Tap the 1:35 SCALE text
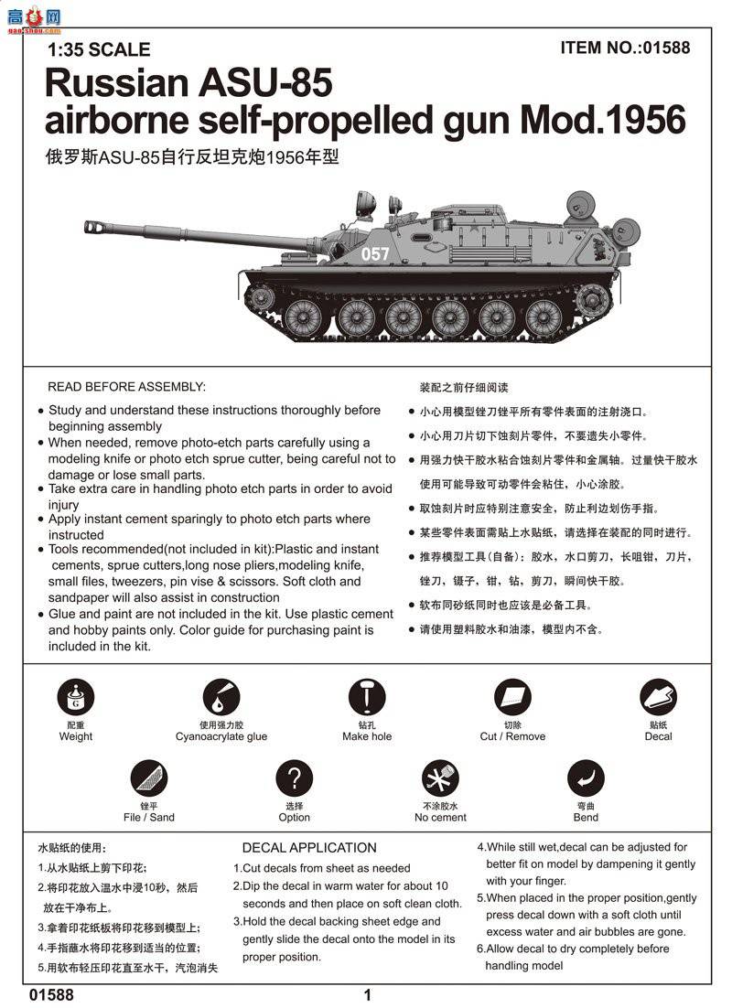coord(98,50)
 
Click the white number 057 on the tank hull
coord(375,254)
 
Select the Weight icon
coord(75,699)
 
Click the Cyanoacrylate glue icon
coord(221,699)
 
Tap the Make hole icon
coord(367,699)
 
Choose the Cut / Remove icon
coord(512,699)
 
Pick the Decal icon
coord(658,699)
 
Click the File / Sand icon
coord(148,779)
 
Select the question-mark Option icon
coord(294,779)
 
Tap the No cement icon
coord(440,779)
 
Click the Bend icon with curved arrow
coord(586,779)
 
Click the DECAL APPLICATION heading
coord(309,848)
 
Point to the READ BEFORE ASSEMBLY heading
coord(126,387)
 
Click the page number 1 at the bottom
coord(367,995)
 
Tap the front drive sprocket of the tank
coord(263,297)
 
